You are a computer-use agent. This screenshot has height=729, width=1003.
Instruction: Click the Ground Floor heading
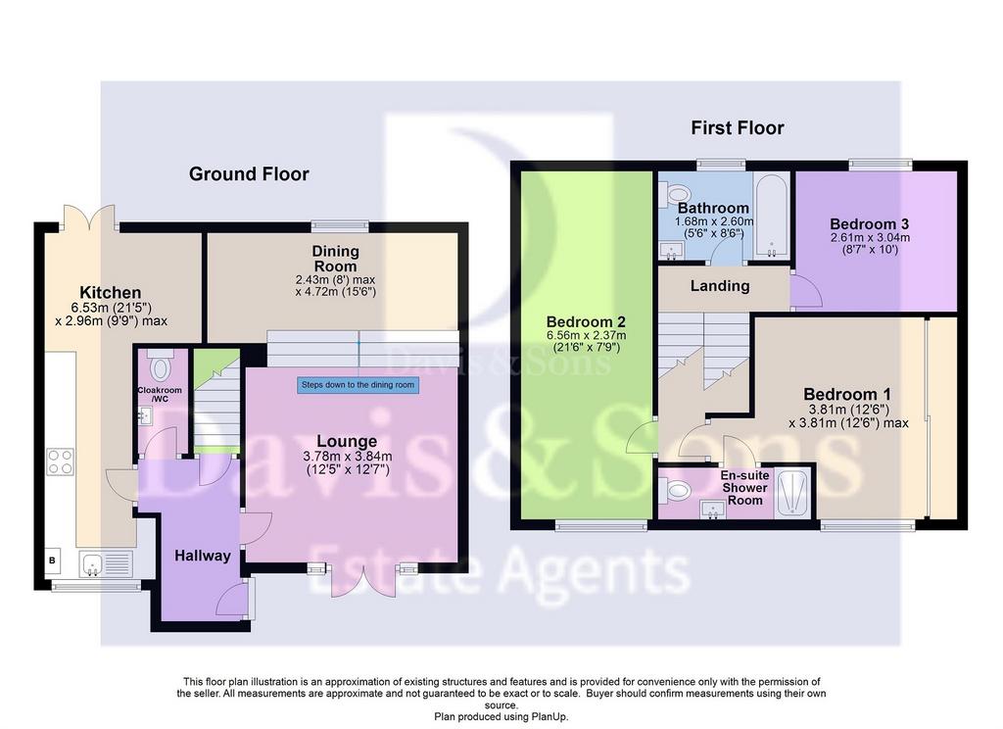pyautogui.click(x=249, y=174)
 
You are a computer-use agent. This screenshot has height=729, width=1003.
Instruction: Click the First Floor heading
pyautogui.click(x=737, y=128)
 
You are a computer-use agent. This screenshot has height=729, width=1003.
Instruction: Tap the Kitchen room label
pyautogui.click(x=110, y=293)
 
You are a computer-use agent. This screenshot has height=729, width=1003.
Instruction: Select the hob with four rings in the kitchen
pyautogui.click(x=60, y=462)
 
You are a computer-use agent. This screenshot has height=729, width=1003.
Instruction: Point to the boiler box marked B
pyautogui.click(x=53, y=560)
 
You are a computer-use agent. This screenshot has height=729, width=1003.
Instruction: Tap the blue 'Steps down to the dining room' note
pyautogui.click(x=358, y=385)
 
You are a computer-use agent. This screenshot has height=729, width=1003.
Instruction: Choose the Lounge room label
pyautogui.click(x=347, y=441)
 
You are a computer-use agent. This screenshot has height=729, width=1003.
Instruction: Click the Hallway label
pyautogui.click(x=202, y=556)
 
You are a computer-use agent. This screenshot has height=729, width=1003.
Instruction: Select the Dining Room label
pyautogui.click(x=335, y=259)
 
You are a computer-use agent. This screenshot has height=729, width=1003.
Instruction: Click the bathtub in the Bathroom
pyautogui.click(x=771, y=217)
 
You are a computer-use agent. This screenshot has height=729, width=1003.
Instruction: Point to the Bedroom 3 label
pyautogui.click(x=870, y=224)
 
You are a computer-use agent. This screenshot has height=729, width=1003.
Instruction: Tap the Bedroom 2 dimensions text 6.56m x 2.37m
pyautogui.click(x=586, y=335)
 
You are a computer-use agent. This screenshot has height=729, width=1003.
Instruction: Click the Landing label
pyautogui.click(x=720, y=285)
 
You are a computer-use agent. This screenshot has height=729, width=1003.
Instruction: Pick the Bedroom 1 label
pyautogui.click(x=847, y=394)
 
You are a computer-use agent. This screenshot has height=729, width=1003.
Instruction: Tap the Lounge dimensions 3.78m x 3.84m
pyautogui.click(x=348, y=457)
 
